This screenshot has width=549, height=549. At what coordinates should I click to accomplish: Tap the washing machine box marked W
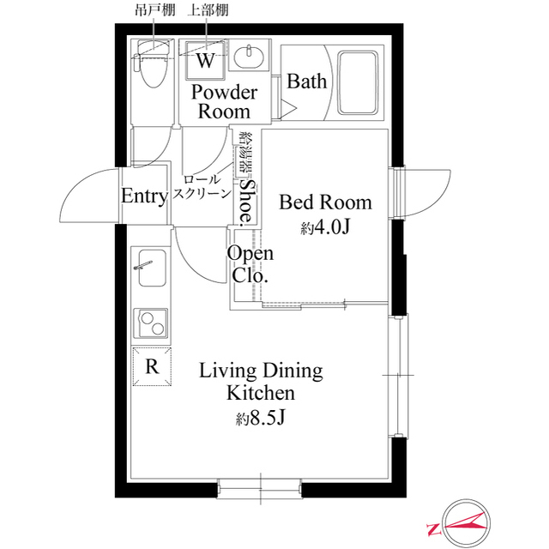click(206, 60)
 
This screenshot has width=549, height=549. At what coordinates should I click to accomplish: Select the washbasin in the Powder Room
click(251, 59)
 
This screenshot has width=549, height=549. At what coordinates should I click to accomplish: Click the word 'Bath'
click(306, 81)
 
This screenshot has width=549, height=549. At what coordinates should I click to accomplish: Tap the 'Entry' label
click(143, 196)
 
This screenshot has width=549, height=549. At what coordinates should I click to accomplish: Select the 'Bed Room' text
click(326, 202)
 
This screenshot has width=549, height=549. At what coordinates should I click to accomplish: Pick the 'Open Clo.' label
click(250, 264)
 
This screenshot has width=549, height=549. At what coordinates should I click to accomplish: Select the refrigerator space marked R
click(152, 367)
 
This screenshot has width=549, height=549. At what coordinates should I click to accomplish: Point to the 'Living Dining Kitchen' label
click(261, 382)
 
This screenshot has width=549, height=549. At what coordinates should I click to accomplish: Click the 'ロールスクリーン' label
click(202, 187)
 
